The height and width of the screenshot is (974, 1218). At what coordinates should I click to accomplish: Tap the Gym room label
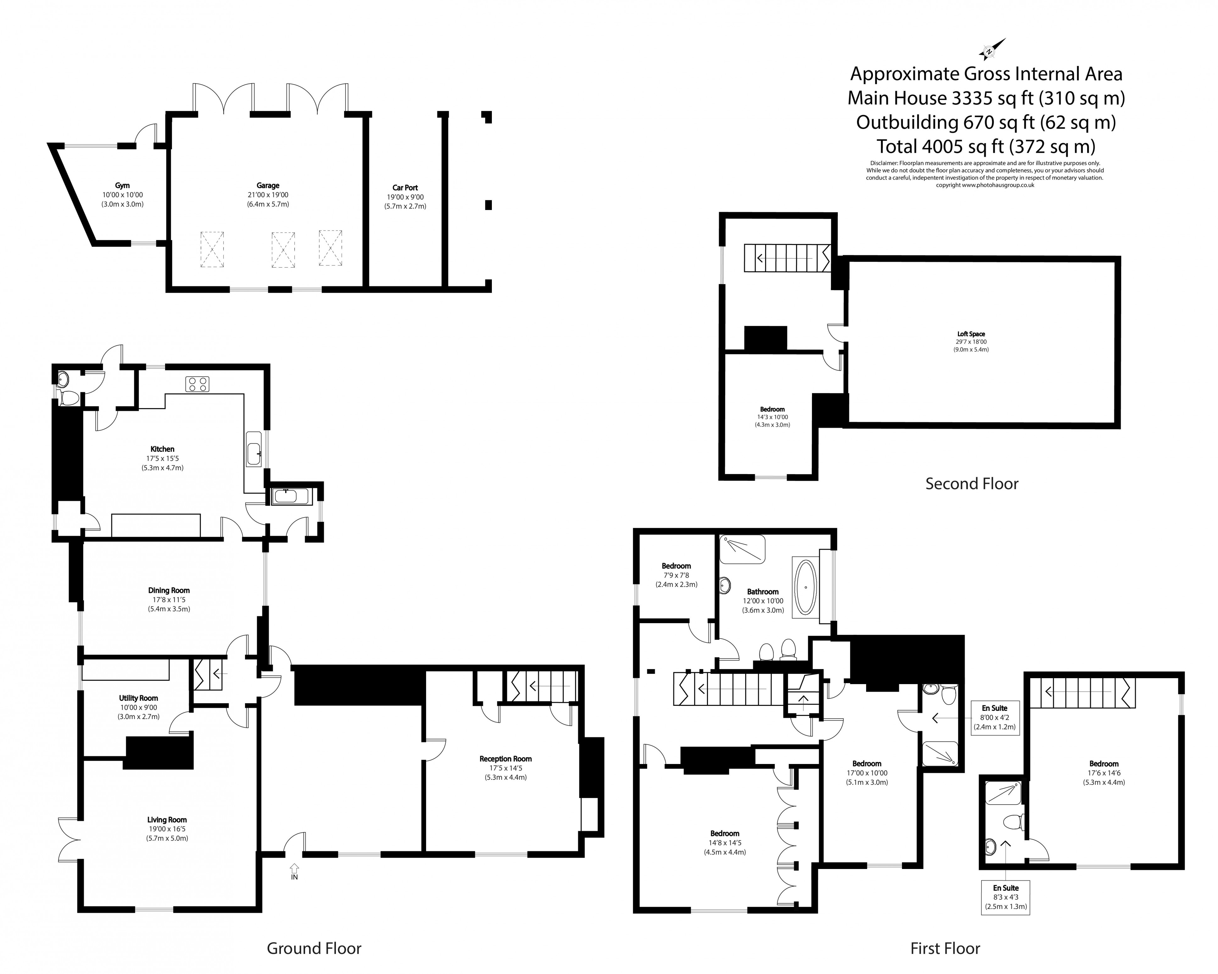pos(122,185)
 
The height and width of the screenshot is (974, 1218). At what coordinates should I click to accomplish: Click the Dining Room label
pos(169,590)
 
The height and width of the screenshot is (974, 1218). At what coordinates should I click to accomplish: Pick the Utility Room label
pos(138,698)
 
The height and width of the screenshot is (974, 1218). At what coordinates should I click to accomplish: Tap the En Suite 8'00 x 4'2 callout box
pos(994,717)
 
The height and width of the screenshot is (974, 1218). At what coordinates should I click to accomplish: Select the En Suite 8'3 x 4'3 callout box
pos(1006,897)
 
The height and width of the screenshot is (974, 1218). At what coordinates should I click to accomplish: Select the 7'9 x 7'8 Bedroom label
pos(676,575)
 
